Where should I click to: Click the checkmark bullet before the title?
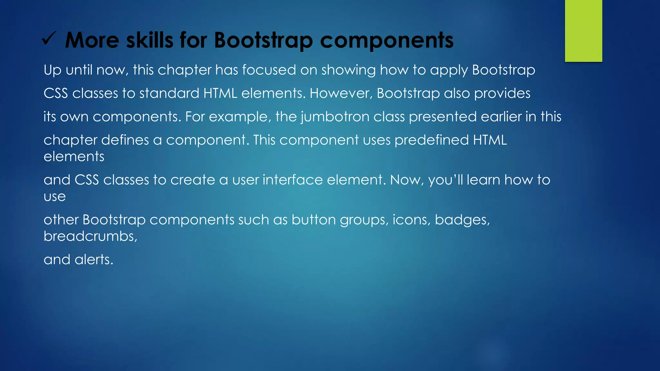[x=49, y=40]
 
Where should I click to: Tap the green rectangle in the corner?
[x=583, y=31]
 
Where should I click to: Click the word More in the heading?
[x=92, y=40]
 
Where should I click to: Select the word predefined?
[x=432, y=140]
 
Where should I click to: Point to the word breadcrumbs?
[x=90, y=236]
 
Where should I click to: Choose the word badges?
[x=462, y=220]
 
